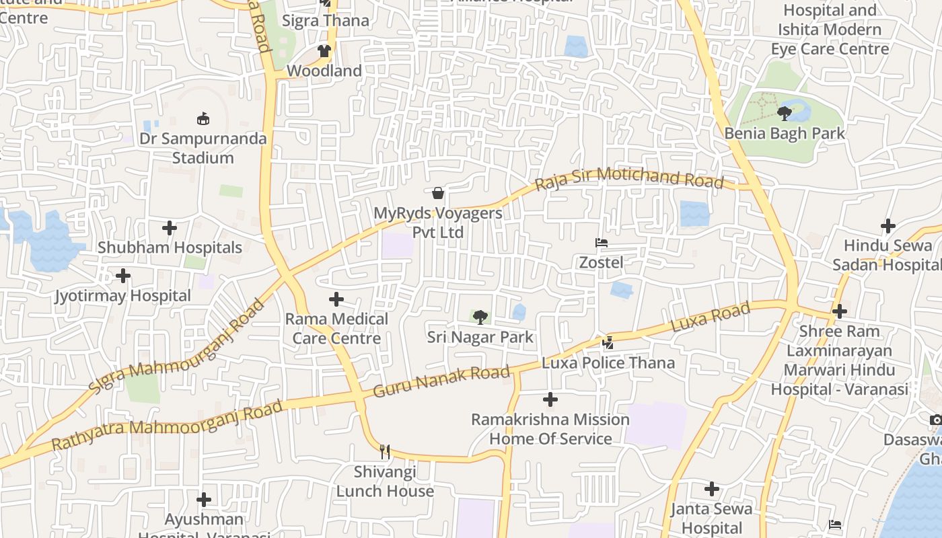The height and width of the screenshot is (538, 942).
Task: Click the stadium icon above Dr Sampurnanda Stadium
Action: point(203,119)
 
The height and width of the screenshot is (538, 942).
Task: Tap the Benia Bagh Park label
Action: point(785,133)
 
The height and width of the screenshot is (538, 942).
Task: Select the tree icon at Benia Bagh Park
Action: point(784,113)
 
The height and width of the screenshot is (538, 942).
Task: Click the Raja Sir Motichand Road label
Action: point(629,179)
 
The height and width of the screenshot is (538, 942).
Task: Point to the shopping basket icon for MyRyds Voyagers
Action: point(438,194)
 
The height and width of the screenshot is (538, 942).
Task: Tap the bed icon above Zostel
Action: point(602,243)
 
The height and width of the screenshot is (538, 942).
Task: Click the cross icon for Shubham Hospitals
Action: point(170,228)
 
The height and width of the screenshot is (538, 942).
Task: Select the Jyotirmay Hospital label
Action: point(123,296)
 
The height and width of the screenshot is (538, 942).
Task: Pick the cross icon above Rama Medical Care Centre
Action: point(336,299)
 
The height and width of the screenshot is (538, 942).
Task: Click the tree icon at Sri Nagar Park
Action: point(480,317)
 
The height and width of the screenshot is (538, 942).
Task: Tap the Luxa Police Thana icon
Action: point(608,343)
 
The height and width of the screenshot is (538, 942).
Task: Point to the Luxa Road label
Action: point(711,317)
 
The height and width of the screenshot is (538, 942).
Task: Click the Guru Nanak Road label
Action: point(441,381)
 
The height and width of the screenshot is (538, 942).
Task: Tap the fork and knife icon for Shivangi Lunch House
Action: point(385,451)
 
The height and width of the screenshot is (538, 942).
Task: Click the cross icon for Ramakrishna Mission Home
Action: point(550,400)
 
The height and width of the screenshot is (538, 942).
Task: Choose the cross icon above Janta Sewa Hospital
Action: point(712,489)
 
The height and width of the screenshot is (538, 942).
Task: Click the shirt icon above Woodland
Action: point(324,51)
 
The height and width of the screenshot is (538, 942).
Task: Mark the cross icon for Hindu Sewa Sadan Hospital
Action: point(888,226)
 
